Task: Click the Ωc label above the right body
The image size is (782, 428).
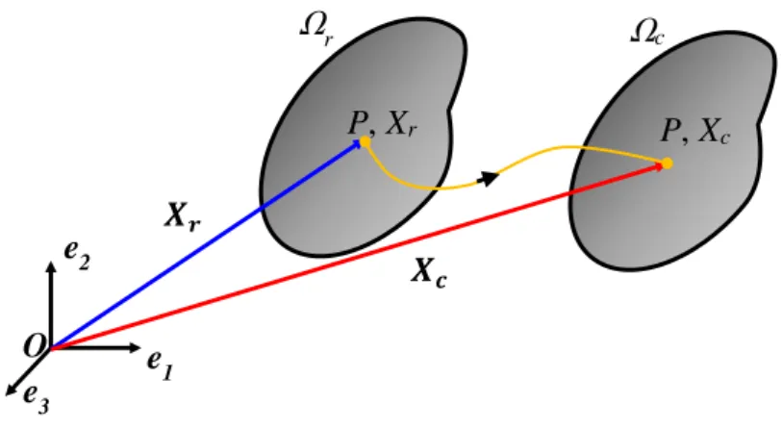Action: click(647, 33)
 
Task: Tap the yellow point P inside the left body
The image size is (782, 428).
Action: click(366, 142)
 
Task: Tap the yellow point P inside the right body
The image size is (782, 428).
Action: click(668, 164)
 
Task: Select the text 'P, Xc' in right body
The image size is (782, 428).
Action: click(695, 131)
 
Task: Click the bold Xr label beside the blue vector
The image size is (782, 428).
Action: click(183, 217)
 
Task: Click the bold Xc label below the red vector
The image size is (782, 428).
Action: click(429, 273)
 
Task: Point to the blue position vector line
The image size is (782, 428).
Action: click(207, 244)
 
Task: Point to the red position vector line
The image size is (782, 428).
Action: click(357, 257)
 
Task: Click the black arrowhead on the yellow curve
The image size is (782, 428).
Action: click(490, 178)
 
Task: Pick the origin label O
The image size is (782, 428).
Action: click(35, 346)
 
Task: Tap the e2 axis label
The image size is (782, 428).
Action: click(77, 256)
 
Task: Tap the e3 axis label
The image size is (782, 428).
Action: click(37, 398)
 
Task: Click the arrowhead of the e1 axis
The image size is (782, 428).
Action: click(136, 347)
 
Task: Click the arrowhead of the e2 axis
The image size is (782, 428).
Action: click(50, 266)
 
